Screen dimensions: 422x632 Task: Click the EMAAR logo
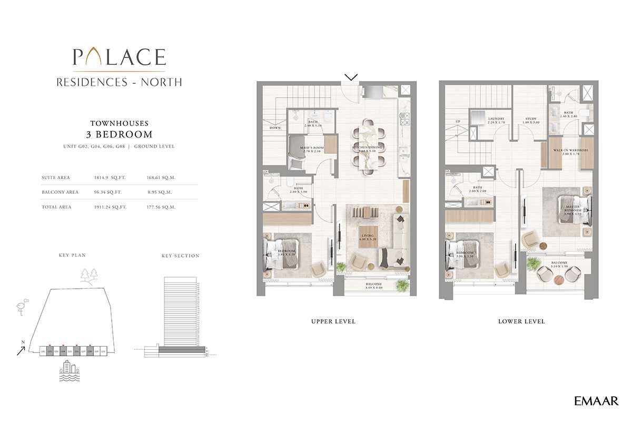click(596, 401)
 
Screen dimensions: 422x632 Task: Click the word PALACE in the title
click(119, 57)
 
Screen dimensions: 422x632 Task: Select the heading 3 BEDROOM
click(119, 134)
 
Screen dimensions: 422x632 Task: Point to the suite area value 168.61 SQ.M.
click(162, 178)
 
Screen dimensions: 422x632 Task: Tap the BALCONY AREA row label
click(60, 192)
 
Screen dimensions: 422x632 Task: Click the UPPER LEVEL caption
click(333, 321)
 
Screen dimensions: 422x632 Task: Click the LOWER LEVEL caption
click(521, 321)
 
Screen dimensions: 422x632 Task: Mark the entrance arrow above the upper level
click(352, 77)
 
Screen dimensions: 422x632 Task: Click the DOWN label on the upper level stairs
click(275, 127)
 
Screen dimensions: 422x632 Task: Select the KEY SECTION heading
click(180, 256)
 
